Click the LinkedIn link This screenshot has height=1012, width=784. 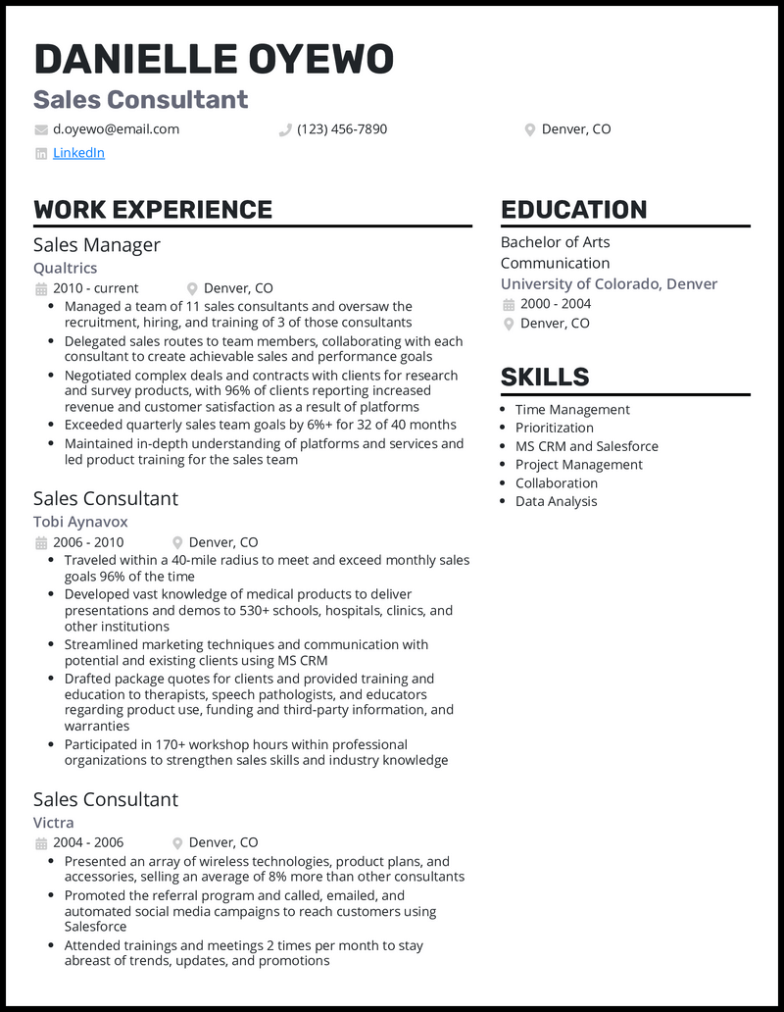point(78,153)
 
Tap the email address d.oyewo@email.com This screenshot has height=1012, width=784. point(116,128)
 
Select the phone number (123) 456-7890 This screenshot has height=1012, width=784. point(342,128)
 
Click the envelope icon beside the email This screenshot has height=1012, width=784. point(40,129)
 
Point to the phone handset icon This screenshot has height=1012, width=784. point(285,129)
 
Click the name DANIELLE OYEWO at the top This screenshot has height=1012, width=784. point(214,60)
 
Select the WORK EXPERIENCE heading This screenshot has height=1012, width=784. point(153,209)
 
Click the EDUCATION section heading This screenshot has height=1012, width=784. point(573,209)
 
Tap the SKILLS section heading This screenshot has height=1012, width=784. point(545,377)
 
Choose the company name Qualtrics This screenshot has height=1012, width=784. point(65,268)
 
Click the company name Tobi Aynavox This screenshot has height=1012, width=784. point(80,522)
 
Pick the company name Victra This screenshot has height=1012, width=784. point(54,822)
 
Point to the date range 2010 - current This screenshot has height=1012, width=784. point(96,288)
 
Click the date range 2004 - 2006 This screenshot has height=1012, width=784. point(88,842)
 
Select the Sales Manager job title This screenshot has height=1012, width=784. point(97,244)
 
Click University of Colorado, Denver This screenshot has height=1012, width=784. point(609,283)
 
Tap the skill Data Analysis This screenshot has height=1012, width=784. point(556,501)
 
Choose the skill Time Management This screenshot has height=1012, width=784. point(572,410)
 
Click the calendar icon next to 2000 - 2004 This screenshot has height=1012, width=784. point(509,304)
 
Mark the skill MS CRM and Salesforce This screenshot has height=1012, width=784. point(587,446)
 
